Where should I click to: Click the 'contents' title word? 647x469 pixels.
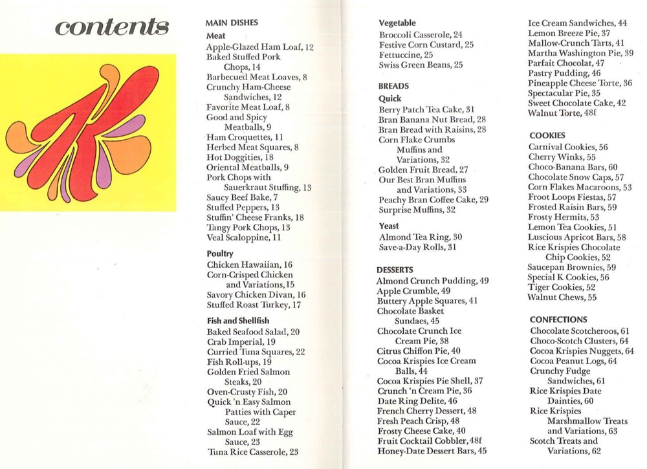click(x=112, y=27)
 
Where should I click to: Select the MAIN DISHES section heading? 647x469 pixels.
click(x=232, y=23)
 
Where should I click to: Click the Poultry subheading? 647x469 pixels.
click(x=220, y=254)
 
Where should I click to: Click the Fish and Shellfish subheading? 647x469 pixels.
click(x=237, y=320)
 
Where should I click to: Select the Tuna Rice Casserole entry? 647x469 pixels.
click(x=253, y=452)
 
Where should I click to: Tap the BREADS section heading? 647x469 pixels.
click(x=393, y=85)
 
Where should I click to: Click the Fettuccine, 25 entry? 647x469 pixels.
click(x=406, y=55)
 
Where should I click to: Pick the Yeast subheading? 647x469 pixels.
click(x=389, y=226)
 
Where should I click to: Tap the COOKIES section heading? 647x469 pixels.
click(x=547, y=135)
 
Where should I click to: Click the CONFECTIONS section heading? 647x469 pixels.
click(x=558, y=320)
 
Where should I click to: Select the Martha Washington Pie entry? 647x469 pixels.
click(x=580, y=53)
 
